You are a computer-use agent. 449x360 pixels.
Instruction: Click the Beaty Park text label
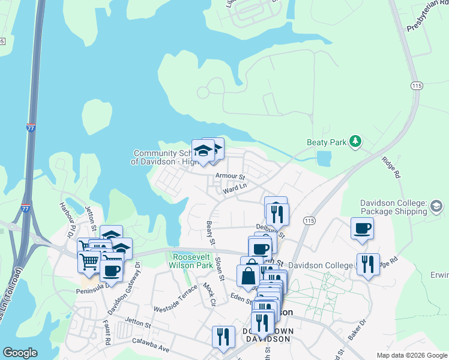pos(327,142)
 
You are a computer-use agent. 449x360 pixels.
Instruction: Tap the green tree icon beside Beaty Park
pos(356,141)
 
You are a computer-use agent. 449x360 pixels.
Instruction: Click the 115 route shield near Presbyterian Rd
pos(416,86)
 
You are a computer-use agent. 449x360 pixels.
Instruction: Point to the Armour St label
pos(231,177)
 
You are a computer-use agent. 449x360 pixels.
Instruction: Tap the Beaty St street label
pos(211,233)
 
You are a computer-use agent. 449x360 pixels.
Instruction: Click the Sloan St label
pos(220,270)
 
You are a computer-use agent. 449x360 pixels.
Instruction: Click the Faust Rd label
pos(107,334)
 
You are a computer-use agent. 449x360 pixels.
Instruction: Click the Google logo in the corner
pos(20,352)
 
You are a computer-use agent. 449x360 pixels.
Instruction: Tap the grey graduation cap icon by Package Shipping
pos(436,208)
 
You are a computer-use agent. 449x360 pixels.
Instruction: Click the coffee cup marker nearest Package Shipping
pos(362,229)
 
